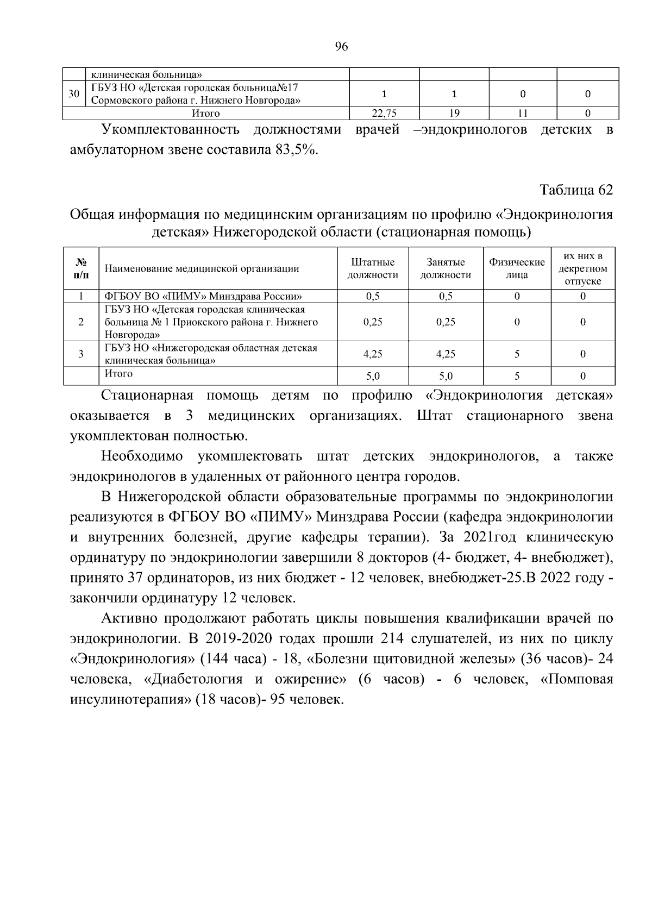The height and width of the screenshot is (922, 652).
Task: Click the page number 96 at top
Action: [x=341, y=47]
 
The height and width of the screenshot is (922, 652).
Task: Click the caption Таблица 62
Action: [x=576, y=190]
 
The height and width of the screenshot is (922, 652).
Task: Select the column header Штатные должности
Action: [x=373, y=269]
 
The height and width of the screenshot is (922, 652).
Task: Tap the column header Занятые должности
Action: [x=446, y=269]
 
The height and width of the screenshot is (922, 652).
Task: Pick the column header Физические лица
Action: [x=517, y=269]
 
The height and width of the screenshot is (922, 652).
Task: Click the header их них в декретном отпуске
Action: [x=582, y=269]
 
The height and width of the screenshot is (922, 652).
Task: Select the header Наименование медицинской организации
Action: [x=202, y=268]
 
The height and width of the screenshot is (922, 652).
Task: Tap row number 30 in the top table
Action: [x=73, y=94]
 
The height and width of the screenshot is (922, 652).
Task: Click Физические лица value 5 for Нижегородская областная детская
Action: [x=517, y=354]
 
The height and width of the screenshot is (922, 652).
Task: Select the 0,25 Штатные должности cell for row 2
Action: [x=373, y=322]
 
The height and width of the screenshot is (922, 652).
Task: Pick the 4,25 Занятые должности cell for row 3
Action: [x=446, y=354]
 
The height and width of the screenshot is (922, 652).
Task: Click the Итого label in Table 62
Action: [x=118, y=374]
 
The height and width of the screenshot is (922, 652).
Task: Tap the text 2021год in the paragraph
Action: [x=484, y=537]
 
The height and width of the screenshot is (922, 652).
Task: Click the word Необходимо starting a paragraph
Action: [x=142, y=456]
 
